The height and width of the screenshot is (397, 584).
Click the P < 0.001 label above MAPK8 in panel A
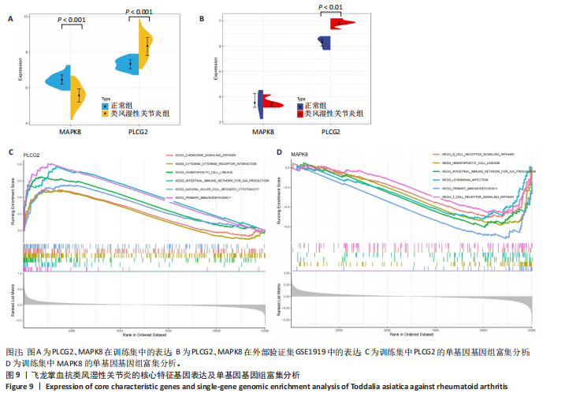pos(72,19)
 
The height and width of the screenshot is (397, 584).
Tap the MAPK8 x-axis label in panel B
pos(264,132)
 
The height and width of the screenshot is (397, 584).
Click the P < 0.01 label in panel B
pos(330,7)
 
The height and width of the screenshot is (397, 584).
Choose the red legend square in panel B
pos(300,114)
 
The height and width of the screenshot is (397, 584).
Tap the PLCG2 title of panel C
pos(32,155)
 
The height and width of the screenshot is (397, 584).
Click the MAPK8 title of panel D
pos(299,155)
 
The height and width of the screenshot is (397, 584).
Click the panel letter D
pos(279,151)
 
